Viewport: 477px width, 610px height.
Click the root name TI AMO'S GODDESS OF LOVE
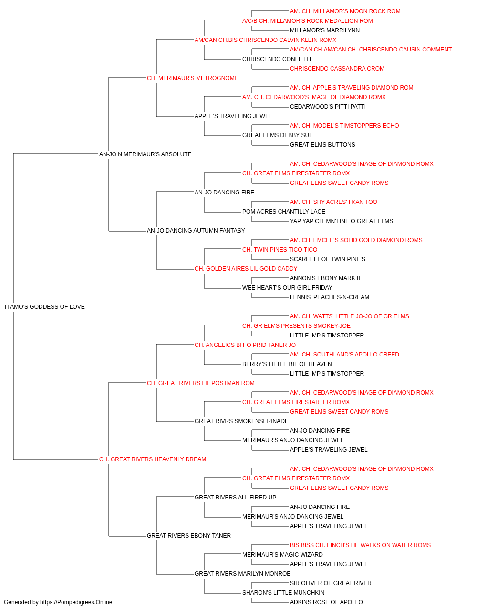click(44, 307)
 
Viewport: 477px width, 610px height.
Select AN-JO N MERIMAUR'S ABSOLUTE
click(145, 154)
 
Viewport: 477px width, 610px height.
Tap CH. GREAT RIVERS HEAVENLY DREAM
click(153, 459)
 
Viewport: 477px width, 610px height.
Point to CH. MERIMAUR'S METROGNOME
click(192, 78)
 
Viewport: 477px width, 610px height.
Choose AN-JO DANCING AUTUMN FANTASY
click(196, 231)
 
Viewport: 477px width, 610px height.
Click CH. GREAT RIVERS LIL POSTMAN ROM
click(200, 383)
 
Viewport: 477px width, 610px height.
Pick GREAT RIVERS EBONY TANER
click(189, 535)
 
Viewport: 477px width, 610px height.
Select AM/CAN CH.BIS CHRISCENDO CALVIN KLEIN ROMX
click(266, 40)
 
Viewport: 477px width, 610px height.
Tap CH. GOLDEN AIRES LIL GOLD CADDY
click(246, 269)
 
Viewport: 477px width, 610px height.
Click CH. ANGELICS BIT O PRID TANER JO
click(245, 345)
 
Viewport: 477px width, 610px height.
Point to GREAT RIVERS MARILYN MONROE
click(242, 573)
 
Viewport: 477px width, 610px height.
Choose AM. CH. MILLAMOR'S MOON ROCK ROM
click(345, 11)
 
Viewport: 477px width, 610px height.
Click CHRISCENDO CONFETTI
click(277, 59)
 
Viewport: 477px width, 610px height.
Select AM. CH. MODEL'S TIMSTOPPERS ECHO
click(344, 126)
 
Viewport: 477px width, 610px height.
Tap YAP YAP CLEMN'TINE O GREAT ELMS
click(342, 221)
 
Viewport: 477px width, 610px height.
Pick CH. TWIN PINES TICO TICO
click(280, 250)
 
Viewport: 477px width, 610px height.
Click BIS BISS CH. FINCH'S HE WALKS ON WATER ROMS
click(360, 545)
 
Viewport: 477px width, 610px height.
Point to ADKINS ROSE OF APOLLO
click(326, 602)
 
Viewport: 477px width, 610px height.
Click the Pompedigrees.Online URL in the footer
click(76, 602)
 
